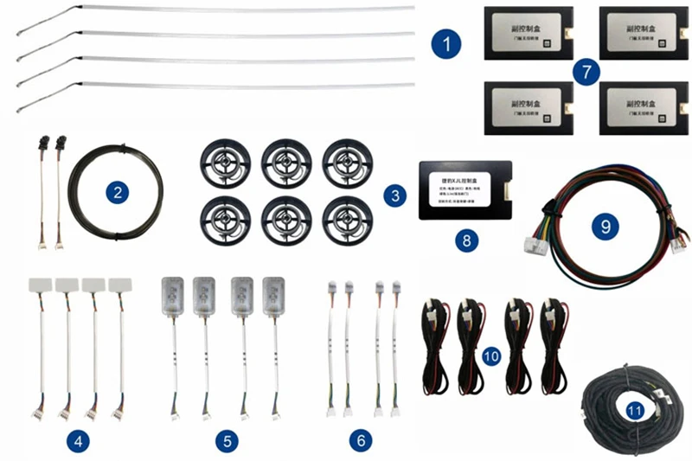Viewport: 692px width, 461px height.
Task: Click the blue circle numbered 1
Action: tap(446, 42)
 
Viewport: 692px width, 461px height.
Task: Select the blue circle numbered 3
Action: tap(394, 195)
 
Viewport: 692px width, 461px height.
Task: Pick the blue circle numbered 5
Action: tap(227, 441)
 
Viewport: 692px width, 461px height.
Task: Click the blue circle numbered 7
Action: tap(586, 72)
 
